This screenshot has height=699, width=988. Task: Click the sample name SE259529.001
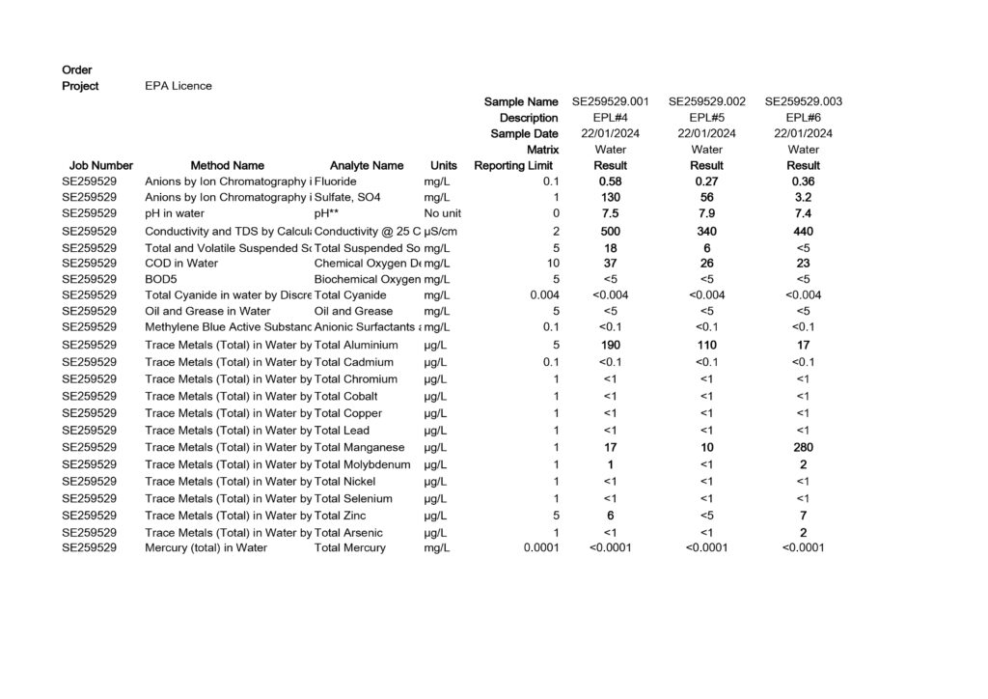click(611, 101)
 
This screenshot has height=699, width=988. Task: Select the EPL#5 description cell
click(707, 118)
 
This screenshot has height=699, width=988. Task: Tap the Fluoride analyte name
click(336, 182)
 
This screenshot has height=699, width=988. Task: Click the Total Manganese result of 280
click(804, 448)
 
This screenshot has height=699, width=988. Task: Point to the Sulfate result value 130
click(611, 198)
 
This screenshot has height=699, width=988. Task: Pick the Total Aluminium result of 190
click(611, 345)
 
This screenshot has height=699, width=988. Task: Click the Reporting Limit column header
click(513, 166)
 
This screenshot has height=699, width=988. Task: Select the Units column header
click(444, 166)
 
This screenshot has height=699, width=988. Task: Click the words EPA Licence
click(178, 86)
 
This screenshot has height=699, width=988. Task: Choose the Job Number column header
click(101, 166)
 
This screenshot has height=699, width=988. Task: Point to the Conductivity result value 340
click(707, 232)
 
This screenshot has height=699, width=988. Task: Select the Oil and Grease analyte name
click(354, 312)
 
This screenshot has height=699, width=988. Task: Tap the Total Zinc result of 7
click(804, 516)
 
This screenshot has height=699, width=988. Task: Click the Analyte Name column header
click(367, 166)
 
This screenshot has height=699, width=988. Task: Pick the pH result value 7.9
click(707, 213)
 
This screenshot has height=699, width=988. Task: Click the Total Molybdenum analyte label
click(363, 465)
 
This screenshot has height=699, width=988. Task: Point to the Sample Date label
click(524, 134)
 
